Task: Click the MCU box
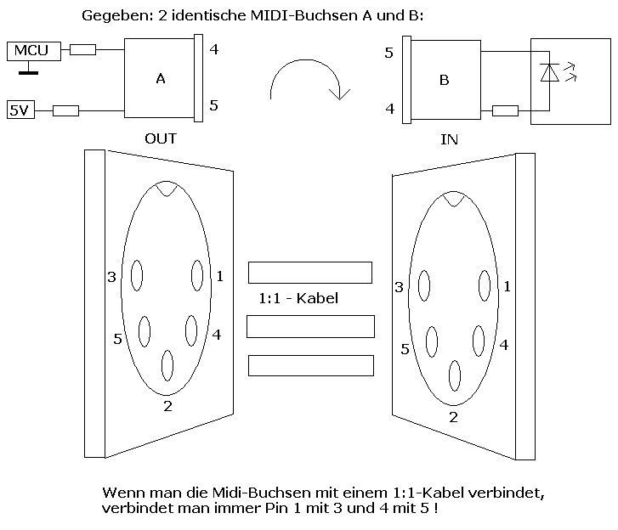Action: [31, 51]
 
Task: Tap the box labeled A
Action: [160, 78]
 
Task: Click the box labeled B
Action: [445, 81]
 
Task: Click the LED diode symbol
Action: [549, 74]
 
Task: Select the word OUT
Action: [161, 138]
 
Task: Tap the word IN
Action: [449, 139]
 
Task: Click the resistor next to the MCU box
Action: [82, 50]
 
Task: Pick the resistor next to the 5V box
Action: [65, 110]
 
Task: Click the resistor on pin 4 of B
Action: [505, 110]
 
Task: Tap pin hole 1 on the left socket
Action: [197, 275]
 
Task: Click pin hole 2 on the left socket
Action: [167, 366]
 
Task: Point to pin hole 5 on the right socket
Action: [432, 341]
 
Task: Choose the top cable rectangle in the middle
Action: [310, 273]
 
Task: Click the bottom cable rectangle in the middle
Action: [311, 365]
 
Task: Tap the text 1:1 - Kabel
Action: [298, 298]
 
